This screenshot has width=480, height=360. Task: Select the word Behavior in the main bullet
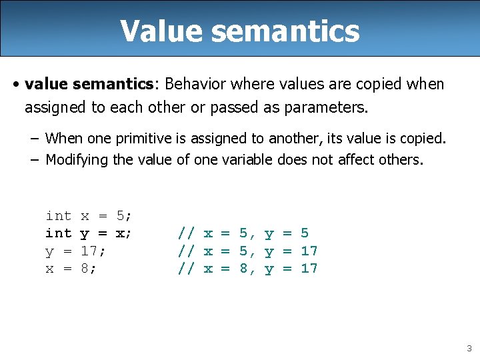click(x=193, y=84)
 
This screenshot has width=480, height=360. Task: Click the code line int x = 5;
click(x=89, y=215)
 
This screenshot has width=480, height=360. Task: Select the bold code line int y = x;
click(x=89, y=233)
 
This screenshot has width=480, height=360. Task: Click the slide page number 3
click(x=469, y=348)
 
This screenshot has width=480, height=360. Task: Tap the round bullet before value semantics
click(x=15, y=85)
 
